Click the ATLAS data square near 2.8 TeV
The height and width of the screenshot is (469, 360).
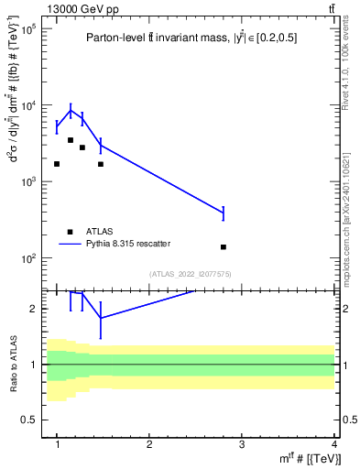224,247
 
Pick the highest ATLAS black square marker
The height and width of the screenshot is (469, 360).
71,140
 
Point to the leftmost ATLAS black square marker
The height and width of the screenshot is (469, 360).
57,164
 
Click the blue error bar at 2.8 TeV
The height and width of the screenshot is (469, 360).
224,213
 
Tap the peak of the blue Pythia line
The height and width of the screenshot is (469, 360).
71,111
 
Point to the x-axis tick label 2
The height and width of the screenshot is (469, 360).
149,444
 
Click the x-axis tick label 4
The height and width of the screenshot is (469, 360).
334,444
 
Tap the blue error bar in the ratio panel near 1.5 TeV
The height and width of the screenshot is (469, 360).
100,319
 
